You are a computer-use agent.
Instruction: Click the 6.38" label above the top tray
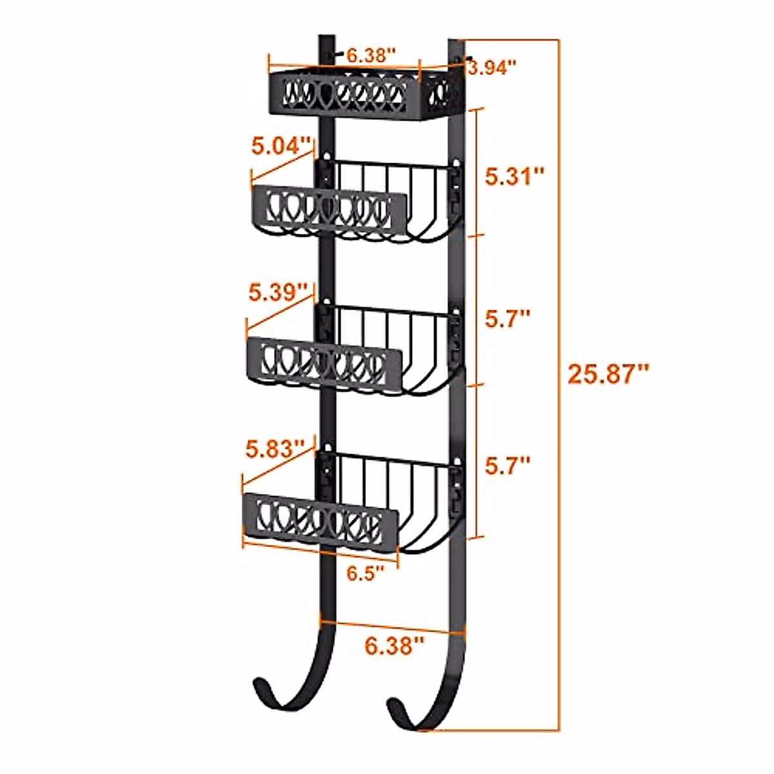[x=370, y=55]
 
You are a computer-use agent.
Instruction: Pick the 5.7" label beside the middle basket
[x=508, y=319]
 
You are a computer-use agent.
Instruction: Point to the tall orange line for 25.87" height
[x=559, y=387]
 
